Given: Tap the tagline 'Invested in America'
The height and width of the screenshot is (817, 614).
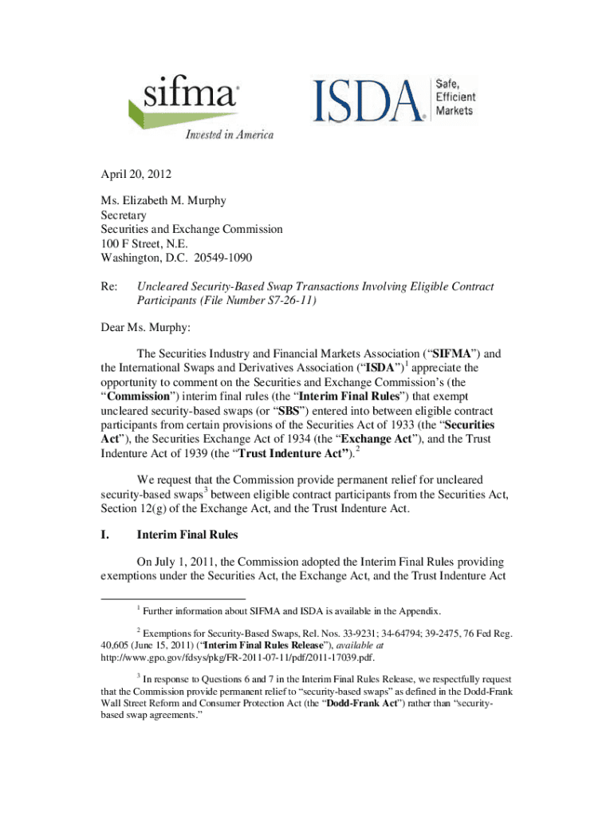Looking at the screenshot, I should coord(229,135).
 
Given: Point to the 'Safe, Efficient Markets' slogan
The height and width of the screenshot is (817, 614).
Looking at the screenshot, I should coord(454,96).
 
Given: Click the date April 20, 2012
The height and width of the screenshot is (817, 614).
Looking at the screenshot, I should coord(135,174).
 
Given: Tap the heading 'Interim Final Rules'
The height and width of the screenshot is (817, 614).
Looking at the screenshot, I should coord(190,534).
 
